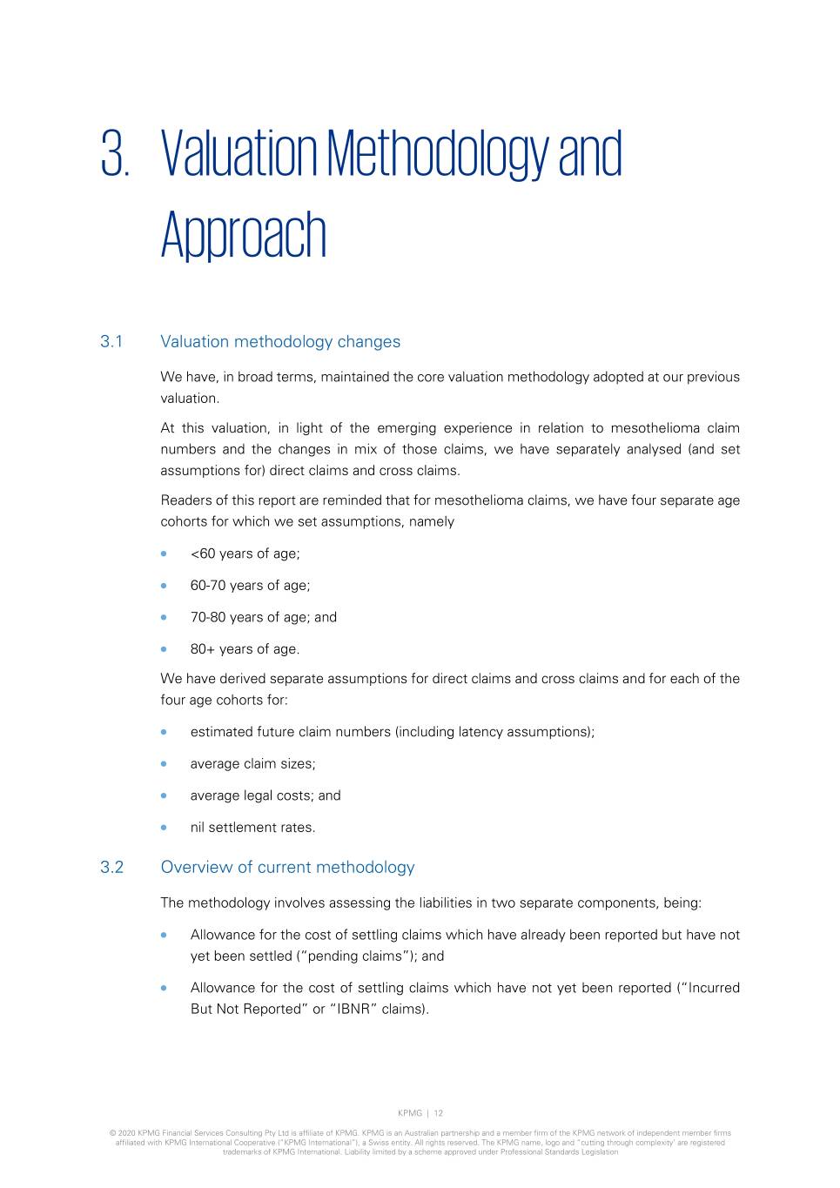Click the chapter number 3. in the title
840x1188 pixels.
115,154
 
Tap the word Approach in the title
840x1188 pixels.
243,234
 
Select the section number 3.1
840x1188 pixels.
111,342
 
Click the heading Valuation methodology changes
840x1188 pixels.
280,342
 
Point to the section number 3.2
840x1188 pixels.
111,867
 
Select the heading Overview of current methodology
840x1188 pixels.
287,867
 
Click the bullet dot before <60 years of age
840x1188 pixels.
164,554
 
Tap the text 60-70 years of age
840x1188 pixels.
250,586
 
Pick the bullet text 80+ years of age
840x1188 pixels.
245,649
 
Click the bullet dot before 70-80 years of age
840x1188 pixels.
164,617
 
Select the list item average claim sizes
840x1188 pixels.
252,764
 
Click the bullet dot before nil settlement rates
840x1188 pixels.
164,828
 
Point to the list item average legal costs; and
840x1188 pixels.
265,795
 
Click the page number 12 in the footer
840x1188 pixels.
439,1113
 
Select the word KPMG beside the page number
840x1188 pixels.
409,1113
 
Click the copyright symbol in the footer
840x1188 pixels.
112,1133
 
